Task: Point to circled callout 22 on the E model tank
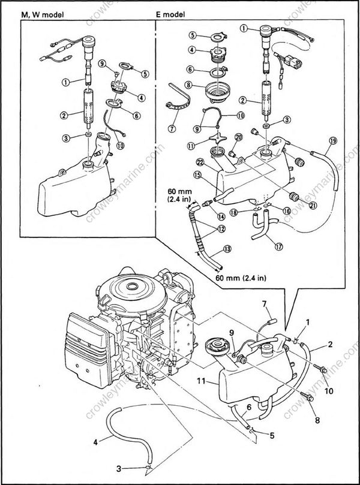point(200,161)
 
